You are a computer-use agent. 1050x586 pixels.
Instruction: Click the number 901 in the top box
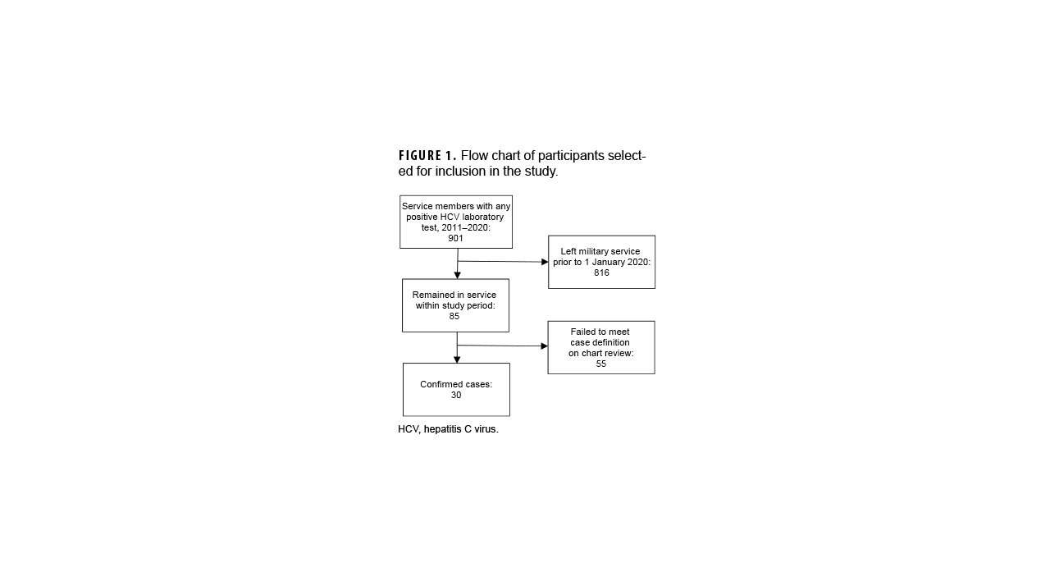[x=455, y=239]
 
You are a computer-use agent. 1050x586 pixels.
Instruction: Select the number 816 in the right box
[x=601, y=272]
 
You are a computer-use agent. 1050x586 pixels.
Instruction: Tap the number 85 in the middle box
[x=454, y=316]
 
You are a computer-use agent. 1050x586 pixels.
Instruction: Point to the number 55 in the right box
[x=601, y=364]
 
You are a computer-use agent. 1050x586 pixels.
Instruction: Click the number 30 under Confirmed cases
[x=456, y=395]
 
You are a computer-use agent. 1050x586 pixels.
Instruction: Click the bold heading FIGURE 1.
[x=427, y=156]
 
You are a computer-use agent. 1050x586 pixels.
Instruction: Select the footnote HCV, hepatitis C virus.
[x=448, y=429]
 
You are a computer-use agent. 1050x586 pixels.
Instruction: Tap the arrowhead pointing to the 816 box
[x=545, y=262]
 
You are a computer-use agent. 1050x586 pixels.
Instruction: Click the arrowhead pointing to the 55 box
[x=544, y=346]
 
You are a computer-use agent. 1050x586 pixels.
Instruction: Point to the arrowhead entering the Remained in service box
[x=457, y=275]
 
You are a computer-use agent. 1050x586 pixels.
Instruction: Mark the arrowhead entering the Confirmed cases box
[x=457, y=359]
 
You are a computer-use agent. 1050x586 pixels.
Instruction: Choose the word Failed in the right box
[x=583, y=332]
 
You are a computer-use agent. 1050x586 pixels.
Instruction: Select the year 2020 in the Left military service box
[x=639, y=262]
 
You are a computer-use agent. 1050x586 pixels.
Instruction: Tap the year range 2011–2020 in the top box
[x=466, y=227]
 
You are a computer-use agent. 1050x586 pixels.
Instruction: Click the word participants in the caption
[x=569, y=156]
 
